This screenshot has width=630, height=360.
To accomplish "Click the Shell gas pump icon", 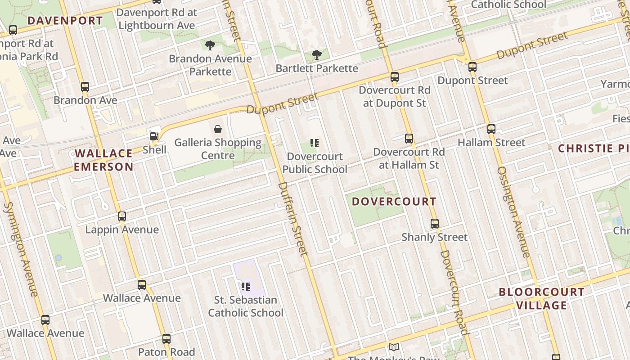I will coord(154,136).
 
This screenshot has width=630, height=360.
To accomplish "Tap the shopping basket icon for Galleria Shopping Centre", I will coord(218,130).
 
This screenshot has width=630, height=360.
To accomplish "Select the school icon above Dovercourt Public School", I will coord(315,144).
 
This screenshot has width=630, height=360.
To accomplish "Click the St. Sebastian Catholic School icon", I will coord(246,286).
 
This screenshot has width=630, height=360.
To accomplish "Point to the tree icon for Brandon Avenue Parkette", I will coord(210,45).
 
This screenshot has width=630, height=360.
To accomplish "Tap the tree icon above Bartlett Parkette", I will coord(317,55).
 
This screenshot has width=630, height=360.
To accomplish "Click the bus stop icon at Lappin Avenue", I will coord(122,216).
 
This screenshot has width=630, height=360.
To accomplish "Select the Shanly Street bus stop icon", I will coord(435,224).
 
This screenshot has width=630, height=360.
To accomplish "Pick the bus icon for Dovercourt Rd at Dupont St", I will coord(395,77).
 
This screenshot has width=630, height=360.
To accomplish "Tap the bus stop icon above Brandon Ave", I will coord(85,87).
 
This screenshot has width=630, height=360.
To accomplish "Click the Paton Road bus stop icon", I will coord(166,339).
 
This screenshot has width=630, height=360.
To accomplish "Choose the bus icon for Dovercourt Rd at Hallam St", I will coord(409,139).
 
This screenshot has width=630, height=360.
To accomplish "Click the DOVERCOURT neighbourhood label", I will coord(394,202).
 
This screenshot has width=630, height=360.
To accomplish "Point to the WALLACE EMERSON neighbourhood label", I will coord(104,160).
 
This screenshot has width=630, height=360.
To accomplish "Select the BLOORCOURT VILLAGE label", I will coord(542,298).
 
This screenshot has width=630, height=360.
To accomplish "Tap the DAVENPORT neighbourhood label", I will coord(65,21).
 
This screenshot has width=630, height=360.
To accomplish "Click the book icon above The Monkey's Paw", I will coord(394,347).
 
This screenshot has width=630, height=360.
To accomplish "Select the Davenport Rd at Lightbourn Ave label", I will coord(157,18).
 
